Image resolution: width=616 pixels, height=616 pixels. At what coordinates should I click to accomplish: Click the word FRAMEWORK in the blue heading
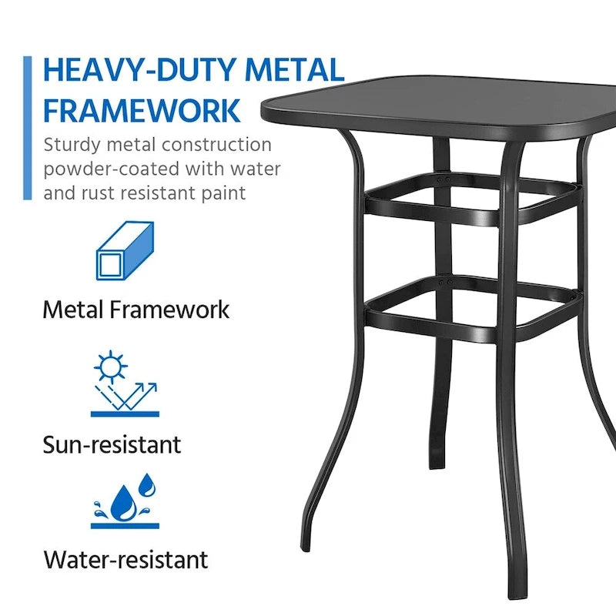tap(142, 110)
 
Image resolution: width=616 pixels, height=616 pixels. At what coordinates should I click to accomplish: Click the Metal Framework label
tap(136, 310)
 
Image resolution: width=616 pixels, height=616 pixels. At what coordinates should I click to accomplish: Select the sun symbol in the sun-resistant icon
tap(109, 367)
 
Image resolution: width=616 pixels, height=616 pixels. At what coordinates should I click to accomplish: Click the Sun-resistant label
tap(112, 444)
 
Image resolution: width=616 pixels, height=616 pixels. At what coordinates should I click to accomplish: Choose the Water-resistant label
tap(126, 559)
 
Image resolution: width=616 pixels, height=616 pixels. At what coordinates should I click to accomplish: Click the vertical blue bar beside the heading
tap(28, 127)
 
